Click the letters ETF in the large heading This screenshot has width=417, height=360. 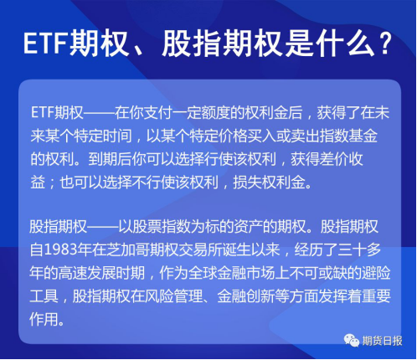(46, 44)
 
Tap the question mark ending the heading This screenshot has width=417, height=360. (386, 44)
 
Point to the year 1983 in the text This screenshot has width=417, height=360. (60, 249)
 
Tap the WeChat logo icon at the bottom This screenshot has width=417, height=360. (351, 340)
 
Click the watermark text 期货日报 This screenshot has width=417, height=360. (382, 341)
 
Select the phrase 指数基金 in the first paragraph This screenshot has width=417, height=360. (348, 136)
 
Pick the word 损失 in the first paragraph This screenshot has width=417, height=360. (247, 183)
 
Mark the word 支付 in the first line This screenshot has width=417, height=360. (158, 112)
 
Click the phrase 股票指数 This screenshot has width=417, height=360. (162, 226)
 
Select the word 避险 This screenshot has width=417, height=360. (376, 273)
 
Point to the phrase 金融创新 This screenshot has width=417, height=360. (246, 296)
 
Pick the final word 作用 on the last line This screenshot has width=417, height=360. (44, 319)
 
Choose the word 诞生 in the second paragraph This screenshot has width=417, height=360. (236, 249)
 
